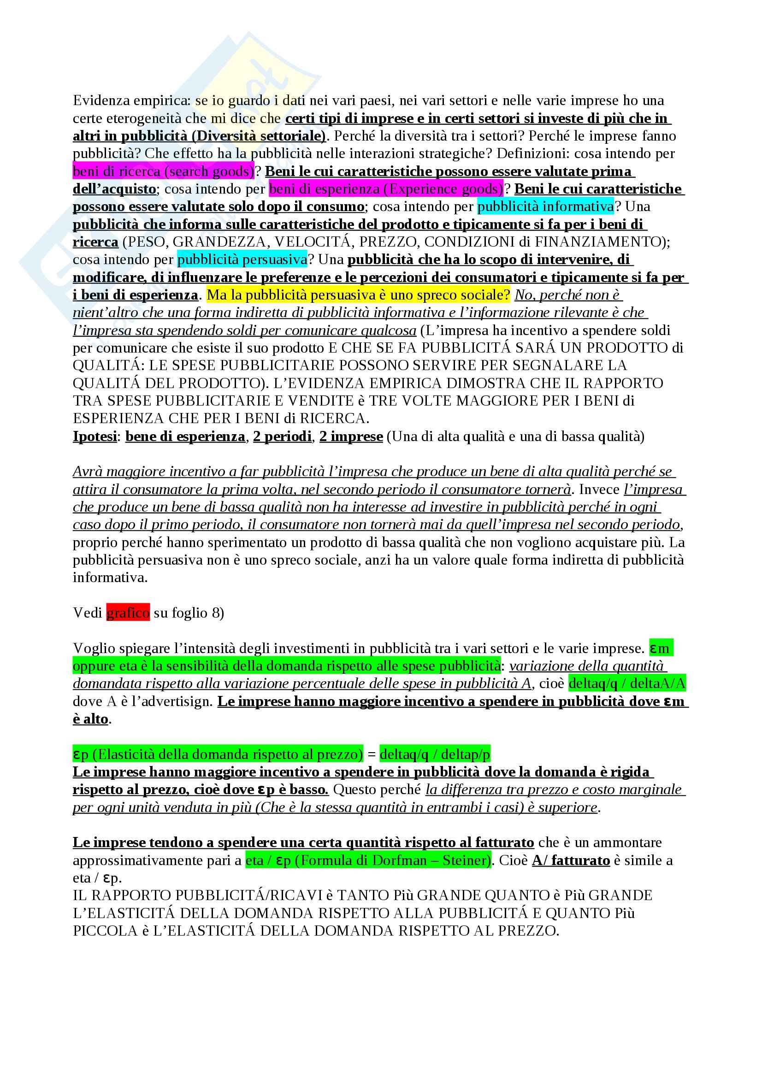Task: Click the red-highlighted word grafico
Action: click(x=128, y=613)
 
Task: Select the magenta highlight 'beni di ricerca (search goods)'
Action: click(x=163, y=171)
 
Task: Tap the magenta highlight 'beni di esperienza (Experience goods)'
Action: click(x=386, y=189)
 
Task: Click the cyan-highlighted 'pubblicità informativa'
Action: click(x=545, y=206)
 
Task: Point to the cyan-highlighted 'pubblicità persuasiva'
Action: click(x=242, y=259)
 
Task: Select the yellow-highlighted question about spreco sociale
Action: click(x=358, y=295)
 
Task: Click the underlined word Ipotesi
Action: click(x=95, y=436)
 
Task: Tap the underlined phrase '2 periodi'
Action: click(x=282, y=436)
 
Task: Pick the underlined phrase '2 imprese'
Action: click(x=351, y=436)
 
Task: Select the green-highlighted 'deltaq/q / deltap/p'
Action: click(x=435, y=754)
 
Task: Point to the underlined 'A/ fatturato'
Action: click(x=570, y=860)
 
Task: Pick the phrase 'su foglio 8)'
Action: click(x=189, y=613)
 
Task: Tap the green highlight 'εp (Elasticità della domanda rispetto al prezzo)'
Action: click(x=218, y=754)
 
